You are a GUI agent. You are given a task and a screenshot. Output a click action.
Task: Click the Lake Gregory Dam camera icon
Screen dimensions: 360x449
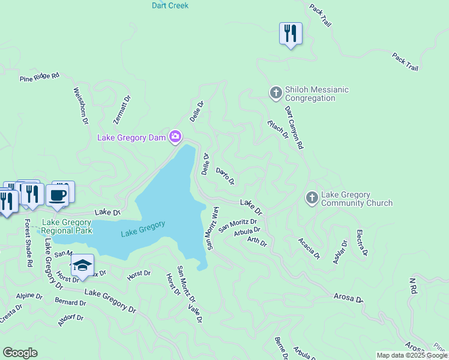tap(175, 137)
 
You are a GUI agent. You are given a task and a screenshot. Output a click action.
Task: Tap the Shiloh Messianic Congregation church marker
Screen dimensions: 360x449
tap(276, 93)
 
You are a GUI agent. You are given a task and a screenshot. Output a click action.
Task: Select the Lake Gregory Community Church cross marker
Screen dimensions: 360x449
tap(312, 197)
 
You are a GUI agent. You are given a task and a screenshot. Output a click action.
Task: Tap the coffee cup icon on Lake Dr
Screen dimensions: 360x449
tap(58, 194)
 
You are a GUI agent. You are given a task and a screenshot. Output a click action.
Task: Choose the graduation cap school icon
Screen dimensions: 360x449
tap(82, 266)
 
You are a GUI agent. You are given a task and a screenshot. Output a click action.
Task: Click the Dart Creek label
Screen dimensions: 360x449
tap(170, 5)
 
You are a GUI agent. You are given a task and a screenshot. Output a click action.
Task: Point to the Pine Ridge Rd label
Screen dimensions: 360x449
tap(40, 77)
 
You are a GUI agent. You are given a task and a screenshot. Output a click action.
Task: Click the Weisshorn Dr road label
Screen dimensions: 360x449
tap(80, 106)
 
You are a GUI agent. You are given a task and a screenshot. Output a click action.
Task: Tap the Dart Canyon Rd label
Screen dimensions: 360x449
tap(294, 127)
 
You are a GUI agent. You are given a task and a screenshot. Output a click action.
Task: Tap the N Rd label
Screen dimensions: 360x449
tap(412, 286)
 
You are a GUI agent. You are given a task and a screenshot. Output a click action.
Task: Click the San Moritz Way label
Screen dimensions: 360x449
tap(212, 227)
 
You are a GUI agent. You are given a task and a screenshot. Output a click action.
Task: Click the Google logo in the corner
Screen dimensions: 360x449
tap(20, 352)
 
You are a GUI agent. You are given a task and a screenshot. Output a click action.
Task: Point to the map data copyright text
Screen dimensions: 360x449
tap(412, 355)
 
